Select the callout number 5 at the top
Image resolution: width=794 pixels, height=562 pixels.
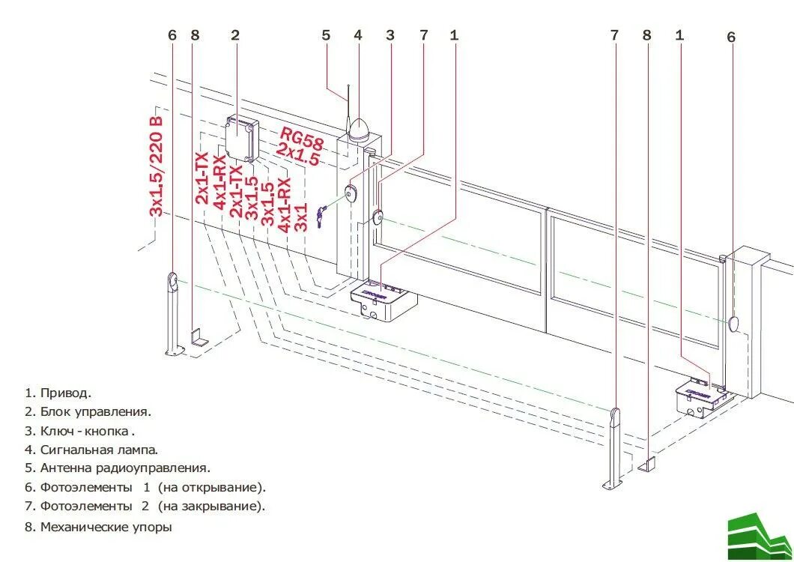coord(326,35)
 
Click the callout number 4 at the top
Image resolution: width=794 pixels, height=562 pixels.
coord(358,35)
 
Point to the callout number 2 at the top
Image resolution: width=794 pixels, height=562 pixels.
coord(235,35)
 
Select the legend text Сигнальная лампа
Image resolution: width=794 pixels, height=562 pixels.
coord(99,450)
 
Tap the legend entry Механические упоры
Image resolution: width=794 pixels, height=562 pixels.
coord(106,527)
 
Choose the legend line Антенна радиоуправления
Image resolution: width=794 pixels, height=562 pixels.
coord(125,468)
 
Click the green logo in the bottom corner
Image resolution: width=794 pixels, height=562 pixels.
coord(759,534)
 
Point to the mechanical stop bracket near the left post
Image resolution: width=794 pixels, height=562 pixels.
coord(199,336)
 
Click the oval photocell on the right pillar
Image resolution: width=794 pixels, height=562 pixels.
coord(734,323)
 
